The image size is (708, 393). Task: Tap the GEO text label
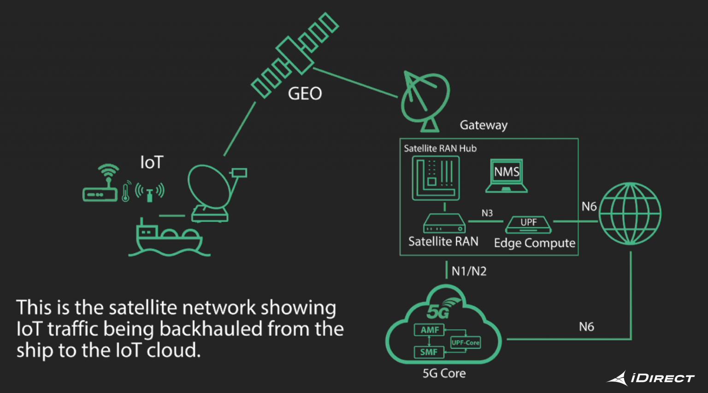(x=305, y=94)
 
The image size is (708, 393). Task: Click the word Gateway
(x=484, y=125)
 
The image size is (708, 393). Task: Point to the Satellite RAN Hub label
(x=440, y=148)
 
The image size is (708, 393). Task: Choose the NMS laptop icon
(x=507, y=176)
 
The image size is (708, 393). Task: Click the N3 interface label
(x=487, y=213)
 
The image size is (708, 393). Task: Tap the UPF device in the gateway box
(x=528, y=224)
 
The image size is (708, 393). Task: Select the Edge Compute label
(x=534, y=243)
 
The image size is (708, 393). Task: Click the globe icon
(x=630, y=213)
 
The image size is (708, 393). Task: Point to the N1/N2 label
(x=469, y=271)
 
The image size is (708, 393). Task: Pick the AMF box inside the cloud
(x=429, y=330)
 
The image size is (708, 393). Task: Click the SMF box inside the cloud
(x=428, y=352)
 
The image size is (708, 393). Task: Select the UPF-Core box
(x=465, y=342)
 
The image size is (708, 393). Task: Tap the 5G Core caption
(x=444, y=373)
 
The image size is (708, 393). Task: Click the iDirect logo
(x=650, y=378)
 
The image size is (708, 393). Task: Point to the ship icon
(x=168, y=237)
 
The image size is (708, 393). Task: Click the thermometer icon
(x=125, y=192)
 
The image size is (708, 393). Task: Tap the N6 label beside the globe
(x=589, y=206)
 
